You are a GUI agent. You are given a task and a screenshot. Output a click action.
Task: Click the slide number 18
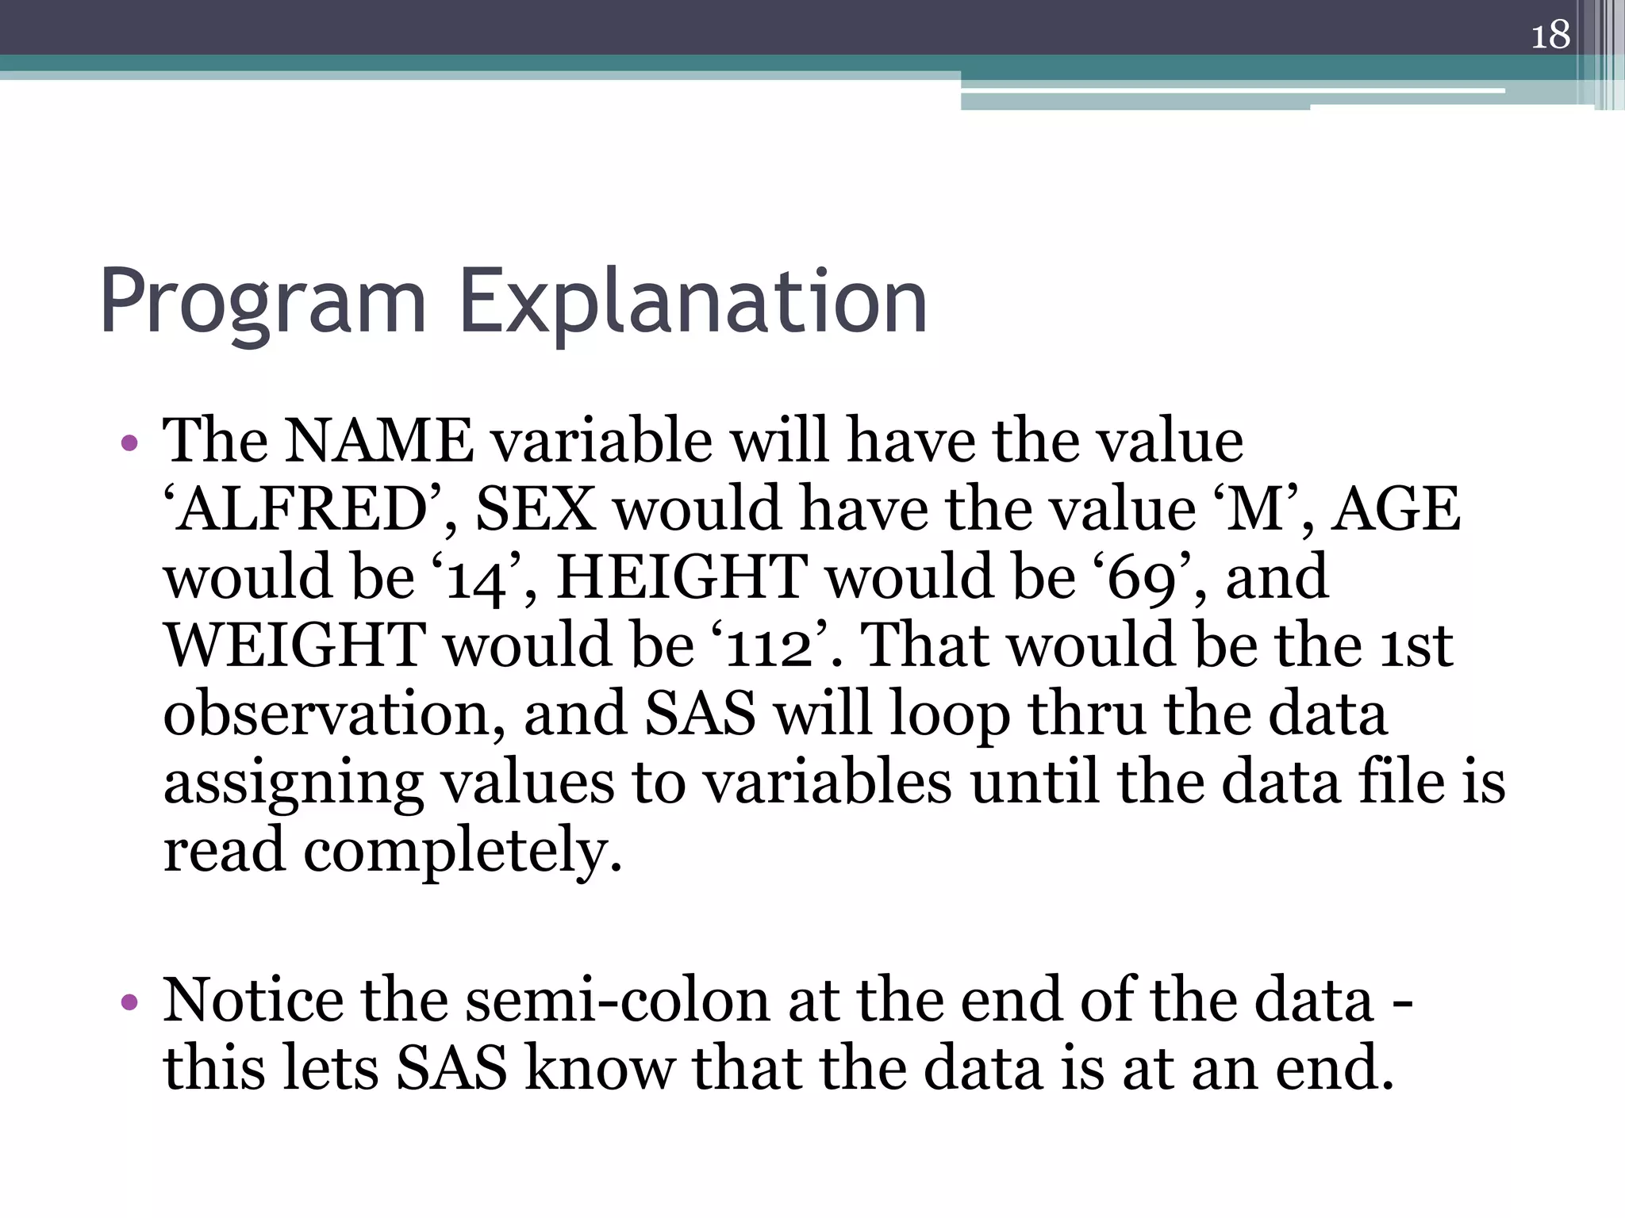[x=1550, y=35]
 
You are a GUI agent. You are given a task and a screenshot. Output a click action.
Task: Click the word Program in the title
[x=263, y=302]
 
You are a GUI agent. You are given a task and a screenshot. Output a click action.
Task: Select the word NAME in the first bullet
[x=379, y=441]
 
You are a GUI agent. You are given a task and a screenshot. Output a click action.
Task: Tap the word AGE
[x=1396, y=509]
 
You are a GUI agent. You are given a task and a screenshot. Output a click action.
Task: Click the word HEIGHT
[x=682, y=578]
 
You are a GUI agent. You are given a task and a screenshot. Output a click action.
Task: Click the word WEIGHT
[x=294, y=646]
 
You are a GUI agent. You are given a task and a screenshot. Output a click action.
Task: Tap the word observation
[x=334, y=714]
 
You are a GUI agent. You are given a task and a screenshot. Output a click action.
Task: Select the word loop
[x=949, y=714]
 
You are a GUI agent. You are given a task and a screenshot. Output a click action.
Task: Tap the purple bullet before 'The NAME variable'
[x=129, y=443]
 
